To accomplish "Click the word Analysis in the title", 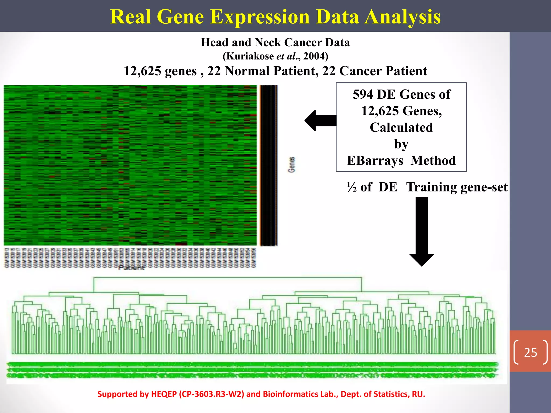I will tap(402, 17).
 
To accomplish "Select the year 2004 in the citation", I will tap(314, 56).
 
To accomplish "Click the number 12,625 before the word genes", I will tap(142, 71).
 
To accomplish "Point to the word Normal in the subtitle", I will tap(247, 71).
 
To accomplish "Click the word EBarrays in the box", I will tap(375, 161).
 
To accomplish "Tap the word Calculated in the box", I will tap(401, 127).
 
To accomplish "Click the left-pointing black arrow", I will tap(320, 120).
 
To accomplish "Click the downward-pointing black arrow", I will tap(422, 231).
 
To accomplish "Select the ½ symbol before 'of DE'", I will tap(351, 187).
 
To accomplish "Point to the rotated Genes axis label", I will tap(292, 165).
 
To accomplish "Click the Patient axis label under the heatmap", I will tap(131, 268).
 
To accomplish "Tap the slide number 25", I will tap(530, 352).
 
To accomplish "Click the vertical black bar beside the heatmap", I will tap(269, 165).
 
